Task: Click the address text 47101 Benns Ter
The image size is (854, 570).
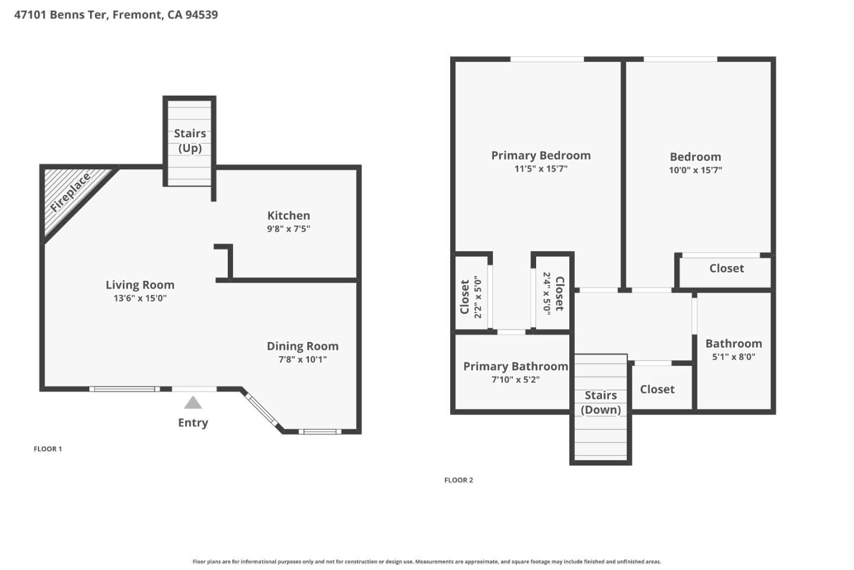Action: [x=116, y=15]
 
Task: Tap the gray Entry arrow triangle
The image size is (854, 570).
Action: [x=193, y=403]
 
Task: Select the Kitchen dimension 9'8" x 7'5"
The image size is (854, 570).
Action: [x=288, y=229]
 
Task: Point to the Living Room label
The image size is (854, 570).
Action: [x=140, y=285]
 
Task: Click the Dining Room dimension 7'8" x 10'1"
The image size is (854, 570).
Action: [x=302, y=359]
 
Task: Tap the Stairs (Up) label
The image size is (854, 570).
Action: [x=190, y=141]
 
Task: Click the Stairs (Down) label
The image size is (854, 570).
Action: [x=601, y=403]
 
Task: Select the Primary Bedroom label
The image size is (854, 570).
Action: [x=541, y=156]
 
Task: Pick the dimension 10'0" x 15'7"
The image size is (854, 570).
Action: [x=695, y=170]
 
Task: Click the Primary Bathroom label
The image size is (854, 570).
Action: [x=515, y=366]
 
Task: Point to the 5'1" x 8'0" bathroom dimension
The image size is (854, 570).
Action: [x=734, y=357]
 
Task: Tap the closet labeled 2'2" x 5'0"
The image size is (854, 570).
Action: [x=471, y=297]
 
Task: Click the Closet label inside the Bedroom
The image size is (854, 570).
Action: [x=726, y=268]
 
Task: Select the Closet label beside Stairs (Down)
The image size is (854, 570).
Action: [x=657, y=389]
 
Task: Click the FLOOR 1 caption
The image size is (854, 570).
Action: [x=47, y=449]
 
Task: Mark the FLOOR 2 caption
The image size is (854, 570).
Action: [x=458, y=480]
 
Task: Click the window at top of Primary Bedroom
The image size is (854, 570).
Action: [x=547, y=59]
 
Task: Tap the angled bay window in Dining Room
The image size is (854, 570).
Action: [x=262, y=410]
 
